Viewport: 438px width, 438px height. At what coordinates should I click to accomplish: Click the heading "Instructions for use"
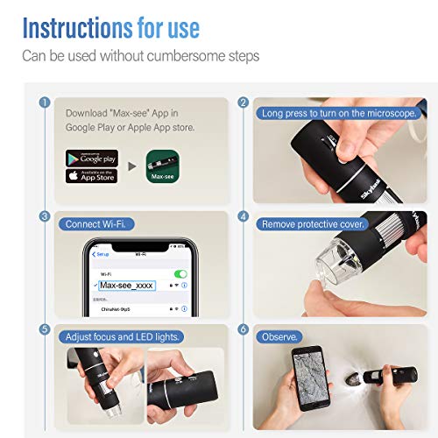[111, 28]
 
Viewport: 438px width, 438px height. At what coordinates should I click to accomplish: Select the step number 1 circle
[44, 102]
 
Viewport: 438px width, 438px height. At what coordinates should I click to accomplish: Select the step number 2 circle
[244, 102]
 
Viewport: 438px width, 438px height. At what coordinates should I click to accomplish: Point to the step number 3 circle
[44, 215]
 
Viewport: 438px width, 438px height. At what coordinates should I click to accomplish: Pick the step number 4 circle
[244, 215]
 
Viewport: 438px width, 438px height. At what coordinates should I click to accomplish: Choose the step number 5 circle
[44, 329]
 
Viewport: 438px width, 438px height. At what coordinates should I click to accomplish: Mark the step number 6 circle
[244, 329]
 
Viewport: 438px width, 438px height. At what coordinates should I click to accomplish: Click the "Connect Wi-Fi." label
[95, 224]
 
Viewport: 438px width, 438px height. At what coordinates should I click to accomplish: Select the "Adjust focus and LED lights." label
[122, 336]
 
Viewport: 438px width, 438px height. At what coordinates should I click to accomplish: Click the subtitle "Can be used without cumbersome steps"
[140, 57]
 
